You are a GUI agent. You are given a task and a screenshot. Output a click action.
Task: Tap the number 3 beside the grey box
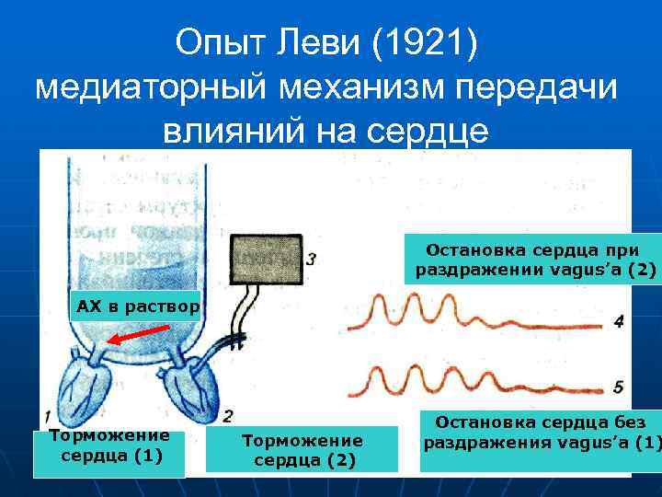[312, 260]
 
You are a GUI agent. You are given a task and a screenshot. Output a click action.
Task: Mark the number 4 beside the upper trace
[619, 322]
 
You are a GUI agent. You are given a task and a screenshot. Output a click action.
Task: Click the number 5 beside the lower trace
[619, 387]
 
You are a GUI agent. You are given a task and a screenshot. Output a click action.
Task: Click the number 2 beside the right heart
[227, 415]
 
